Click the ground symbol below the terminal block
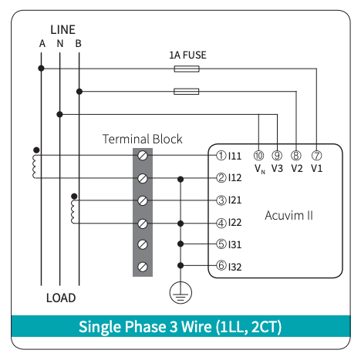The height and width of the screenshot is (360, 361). click(180, 292)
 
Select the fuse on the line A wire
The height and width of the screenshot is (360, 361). click(187, 69)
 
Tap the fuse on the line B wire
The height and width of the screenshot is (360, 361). click(186, 91)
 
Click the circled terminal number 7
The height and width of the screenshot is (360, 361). click(316, 155)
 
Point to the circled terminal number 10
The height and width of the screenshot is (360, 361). click(258, 155)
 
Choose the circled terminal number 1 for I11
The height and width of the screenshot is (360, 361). click(221, 155)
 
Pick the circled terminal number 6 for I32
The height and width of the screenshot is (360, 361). click(221, 265)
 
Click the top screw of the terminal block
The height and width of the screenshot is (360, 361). click(143, 156)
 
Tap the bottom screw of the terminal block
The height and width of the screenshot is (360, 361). click(143, 267)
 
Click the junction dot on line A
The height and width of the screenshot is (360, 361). click(41, 69)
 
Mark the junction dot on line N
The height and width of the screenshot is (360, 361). click(59, 114)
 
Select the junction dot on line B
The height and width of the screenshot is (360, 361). click(79, 91)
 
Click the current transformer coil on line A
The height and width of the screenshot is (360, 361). click(35, 167)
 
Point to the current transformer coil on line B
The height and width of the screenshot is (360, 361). click(73, 212)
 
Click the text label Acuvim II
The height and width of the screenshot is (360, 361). click(288, 215)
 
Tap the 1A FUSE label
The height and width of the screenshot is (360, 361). click(187, 55)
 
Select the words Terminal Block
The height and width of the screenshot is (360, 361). click(143, 139)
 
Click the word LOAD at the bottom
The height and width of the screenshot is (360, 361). click(61, 298)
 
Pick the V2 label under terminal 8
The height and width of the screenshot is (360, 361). click(297, 168)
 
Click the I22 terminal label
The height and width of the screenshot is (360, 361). click(235, 223)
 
